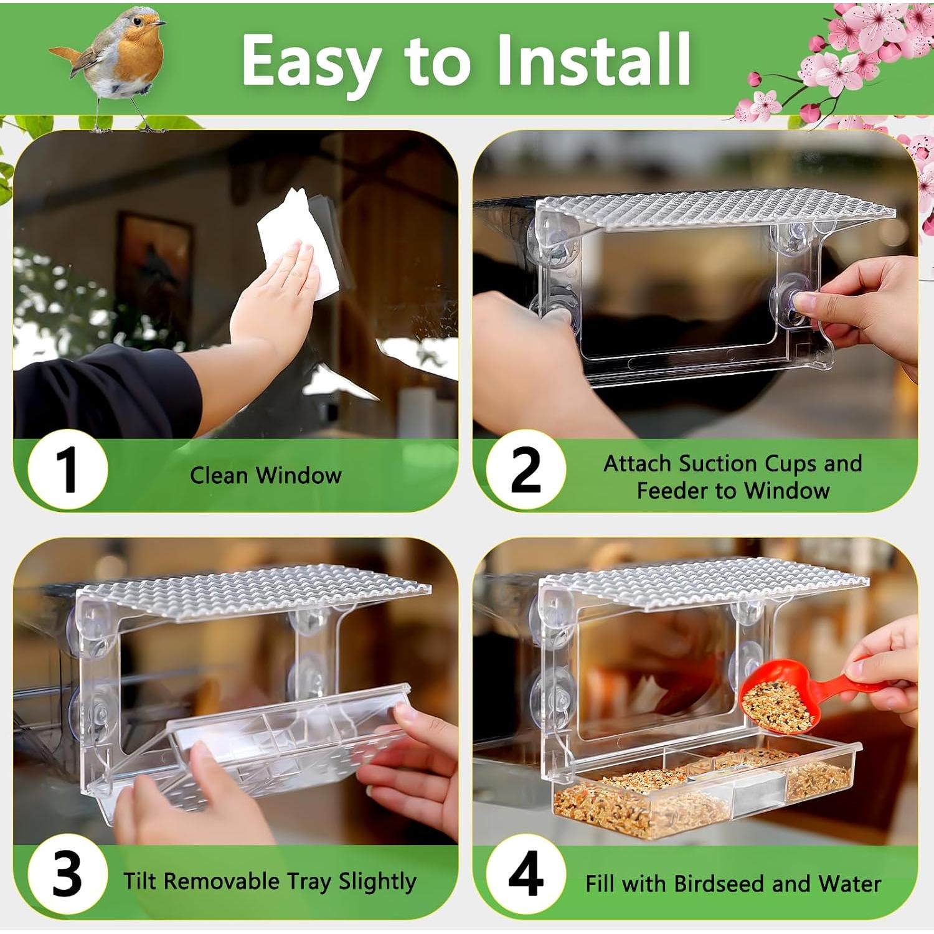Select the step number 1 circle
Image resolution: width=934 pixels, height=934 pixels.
click(x=67, y=470)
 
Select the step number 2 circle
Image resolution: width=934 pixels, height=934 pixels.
click(x=526, y=470)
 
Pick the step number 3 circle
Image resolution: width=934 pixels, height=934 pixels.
click(x=67, y=875)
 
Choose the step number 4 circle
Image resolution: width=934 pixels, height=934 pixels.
click(x=526, y=875)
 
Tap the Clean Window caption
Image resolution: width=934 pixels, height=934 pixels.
click(x=266, y=476)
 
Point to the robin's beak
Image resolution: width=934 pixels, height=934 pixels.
click(x=161, y=23)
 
